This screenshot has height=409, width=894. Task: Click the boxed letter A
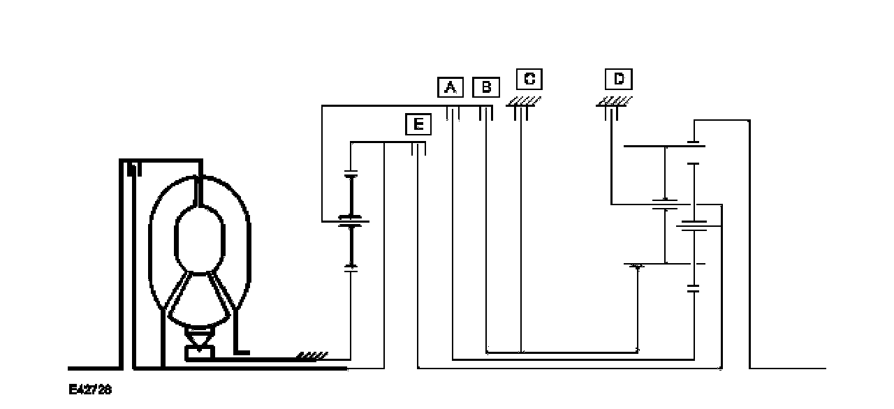pyautogui.click(x=450, y=87)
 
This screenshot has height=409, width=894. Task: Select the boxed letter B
pyautogui.click(x=486, y=87)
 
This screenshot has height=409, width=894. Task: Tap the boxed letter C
pyautogui.click(x=529, y=79)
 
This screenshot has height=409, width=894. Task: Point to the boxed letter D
pyautogui.click(x=618, y=79)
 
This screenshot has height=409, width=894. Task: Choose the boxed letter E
pyautogui.click(x=418, y=124)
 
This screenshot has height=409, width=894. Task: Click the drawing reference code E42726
pyautogui.click(x=90, y=389)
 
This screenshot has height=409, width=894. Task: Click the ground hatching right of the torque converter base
pyautogui.click(x=312, y=356)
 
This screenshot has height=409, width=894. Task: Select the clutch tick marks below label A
pyautogui.click(x=452, y=113)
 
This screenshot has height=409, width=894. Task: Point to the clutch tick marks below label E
pyautogui.click(x=418, y=149)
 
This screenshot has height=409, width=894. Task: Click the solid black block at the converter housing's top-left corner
pyautogui.click(x=133, y=168)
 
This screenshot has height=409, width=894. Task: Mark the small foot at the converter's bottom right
pyautogui.click(x=242, y=352)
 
